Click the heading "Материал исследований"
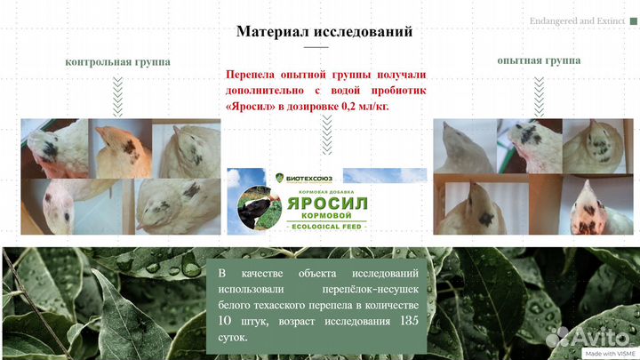pos(324,32)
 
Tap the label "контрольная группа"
pos(117,62)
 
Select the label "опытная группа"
pos(539,60)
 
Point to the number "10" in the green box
pos(228,321)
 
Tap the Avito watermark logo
pos(591,336)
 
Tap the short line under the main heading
pos(316,48)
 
